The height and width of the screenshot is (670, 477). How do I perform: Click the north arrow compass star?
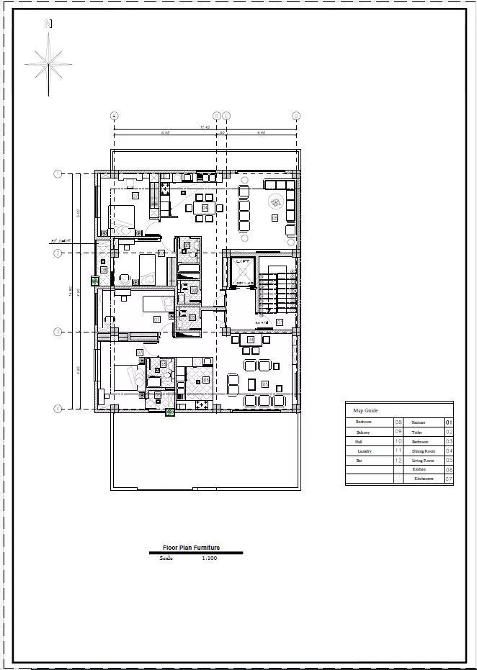point(49,64)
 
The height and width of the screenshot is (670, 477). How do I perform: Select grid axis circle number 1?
point(58,173)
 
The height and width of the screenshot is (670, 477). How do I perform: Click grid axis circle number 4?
point(58,408)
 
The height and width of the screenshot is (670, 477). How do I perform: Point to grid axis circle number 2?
point(58,253)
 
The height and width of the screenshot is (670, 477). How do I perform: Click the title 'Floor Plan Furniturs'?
point(191,548)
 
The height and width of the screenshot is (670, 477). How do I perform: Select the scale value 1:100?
point(210,558)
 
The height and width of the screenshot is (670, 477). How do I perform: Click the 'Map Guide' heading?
point(365,410)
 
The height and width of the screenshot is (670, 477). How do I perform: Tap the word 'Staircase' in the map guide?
point(419,422)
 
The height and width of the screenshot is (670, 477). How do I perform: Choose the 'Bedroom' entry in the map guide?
point(363,422)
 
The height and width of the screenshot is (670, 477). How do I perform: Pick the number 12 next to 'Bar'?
point(398,460)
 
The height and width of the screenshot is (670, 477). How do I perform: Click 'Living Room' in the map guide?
point(423,460)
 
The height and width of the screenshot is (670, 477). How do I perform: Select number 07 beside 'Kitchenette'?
point(449,479)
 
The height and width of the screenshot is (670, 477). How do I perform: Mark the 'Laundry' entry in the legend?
point(364,451)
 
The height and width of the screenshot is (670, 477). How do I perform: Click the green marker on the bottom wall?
point(169,412)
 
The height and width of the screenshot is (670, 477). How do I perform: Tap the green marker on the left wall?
point(94,281)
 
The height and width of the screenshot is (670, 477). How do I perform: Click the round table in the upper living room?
point(277,202)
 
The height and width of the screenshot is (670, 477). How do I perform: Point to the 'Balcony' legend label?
point(362,432)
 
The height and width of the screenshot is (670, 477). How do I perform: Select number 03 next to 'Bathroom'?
point(449,441)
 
